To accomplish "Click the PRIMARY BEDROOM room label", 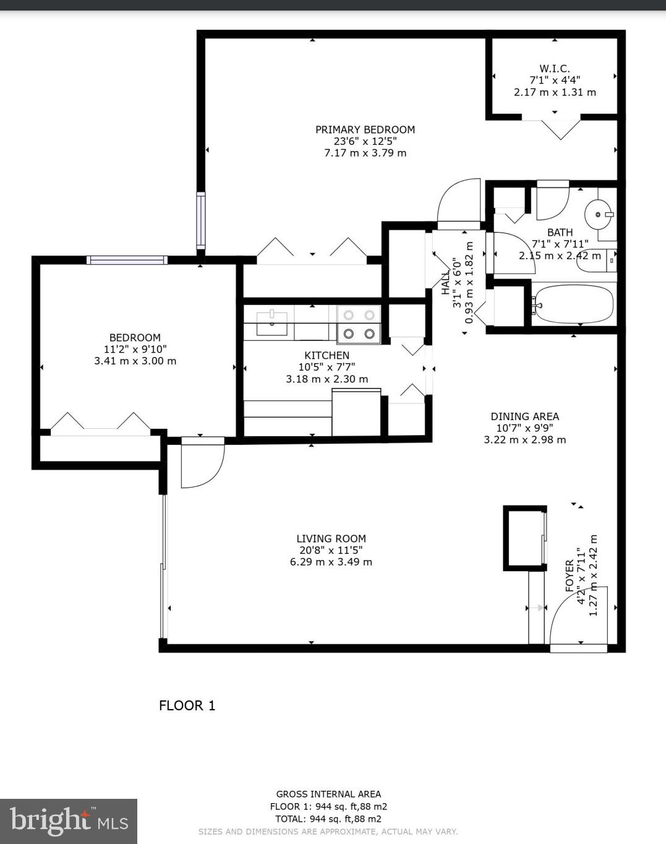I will (365, 129).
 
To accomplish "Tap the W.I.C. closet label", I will (554, 69).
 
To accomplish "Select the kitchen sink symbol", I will (271, 322).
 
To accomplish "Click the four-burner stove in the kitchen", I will (359, 324).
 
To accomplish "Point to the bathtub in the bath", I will (573, 304).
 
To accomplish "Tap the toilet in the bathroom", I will (596, 260).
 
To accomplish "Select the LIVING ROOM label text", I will (331, 538).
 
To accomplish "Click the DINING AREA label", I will (524, 416).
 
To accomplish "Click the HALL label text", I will (445, 282).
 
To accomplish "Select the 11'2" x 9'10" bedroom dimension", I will (135, 349).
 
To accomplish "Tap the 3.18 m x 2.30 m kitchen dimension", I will (327, 379).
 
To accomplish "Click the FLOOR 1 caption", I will (187, 705).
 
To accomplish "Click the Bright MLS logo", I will (68, 820).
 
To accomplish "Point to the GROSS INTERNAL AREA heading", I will (328, 794).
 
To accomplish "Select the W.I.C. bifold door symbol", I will (560, 129).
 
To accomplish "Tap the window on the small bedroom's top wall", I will (127, 260).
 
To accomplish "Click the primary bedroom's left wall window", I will (201, 220).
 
